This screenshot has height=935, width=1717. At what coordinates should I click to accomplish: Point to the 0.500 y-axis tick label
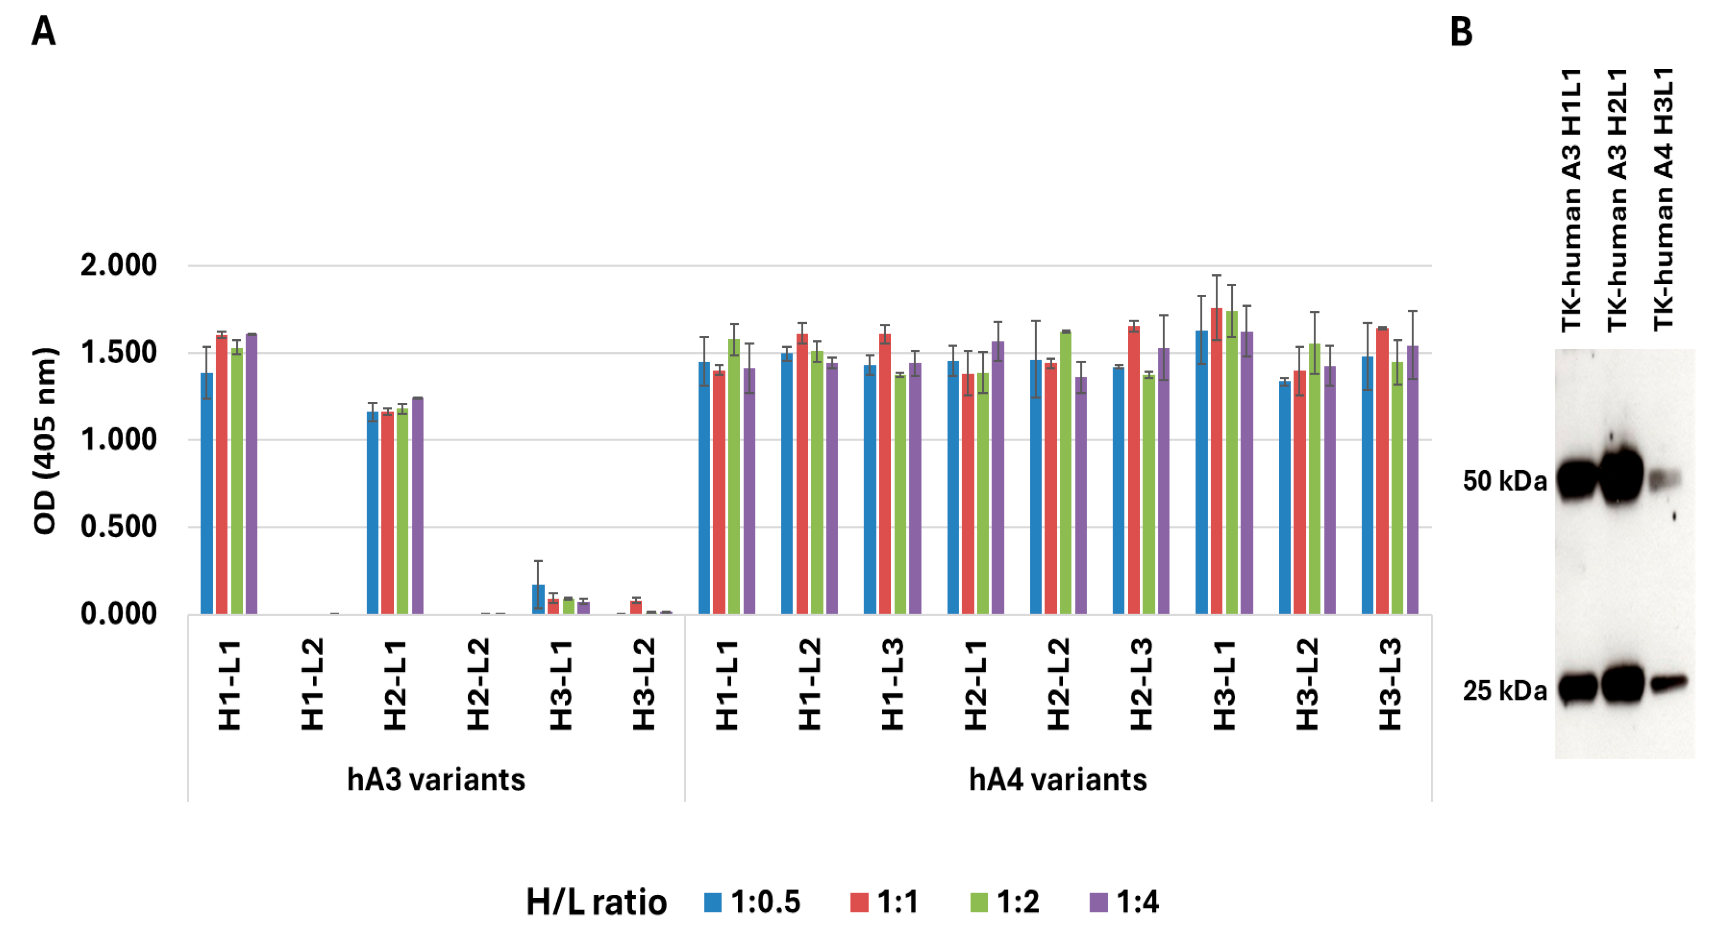(x=118, y=527)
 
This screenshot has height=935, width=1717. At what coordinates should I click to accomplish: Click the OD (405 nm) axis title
(x=45, y=440)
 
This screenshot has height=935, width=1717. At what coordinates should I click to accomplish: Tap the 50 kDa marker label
(x=1504, y=481)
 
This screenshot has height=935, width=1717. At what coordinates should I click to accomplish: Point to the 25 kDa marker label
(x=1504, y=690)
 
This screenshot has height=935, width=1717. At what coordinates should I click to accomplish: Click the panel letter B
(x=1461, y=32)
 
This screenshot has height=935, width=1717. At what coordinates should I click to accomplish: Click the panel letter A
(x=43, y=32)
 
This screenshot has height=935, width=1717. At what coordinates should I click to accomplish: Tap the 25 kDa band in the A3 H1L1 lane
(x=1577, y=687)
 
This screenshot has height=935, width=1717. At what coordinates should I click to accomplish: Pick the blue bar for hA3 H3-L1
(x=539, y=599)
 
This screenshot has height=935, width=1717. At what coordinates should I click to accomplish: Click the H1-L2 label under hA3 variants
(x=312, y=685)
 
